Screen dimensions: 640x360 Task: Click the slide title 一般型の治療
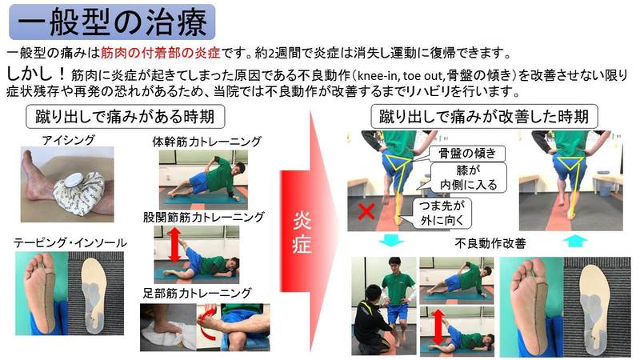click(112, 22)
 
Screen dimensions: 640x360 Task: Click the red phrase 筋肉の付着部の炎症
click(161, 53)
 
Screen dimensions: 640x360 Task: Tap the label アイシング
click(68, 140)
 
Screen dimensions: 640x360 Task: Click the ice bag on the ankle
click(79, 191)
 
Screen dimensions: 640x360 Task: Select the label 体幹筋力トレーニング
click(206, 142)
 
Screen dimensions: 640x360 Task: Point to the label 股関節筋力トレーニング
click(204, 217)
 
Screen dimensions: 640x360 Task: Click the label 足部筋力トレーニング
click(197, 293)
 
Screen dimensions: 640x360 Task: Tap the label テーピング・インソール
click(70, 243)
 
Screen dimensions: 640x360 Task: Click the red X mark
click(366, 212)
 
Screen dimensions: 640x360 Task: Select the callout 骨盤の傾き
click(467, 154)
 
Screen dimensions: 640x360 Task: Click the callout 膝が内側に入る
click(468, 178)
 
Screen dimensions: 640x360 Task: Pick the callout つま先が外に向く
click(442, 213)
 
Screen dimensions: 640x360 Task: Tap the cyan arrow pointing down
click(391, 240)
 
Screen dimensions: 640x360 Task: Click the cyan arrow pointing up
click(575, 241)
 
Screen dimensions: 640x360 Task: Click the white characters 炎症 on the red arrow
click(302, 232)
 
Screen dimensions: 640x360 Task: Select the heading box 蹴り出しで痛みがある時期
click(125, 117)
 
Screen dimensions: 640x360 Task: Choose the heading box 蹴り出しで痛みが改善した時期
click(484, 117)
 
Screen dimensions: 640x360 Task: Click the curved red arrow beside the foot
click(209, 322)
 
